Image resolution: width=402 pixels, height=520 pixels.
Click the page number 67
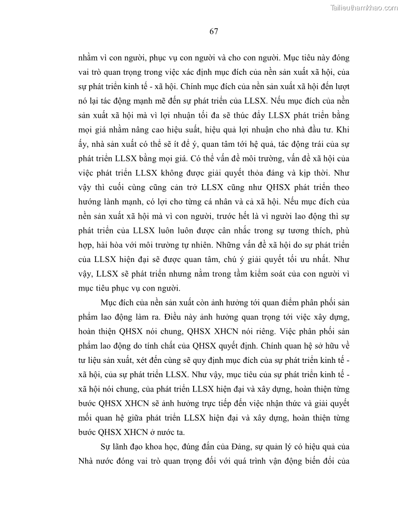coord(213,32)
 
